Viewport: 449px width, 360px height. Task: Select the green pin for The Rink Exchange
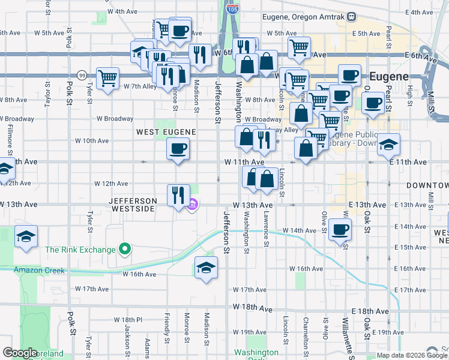click(x=125, y=248)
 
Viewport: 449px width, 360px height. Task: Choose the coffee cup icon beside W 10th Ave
click(x=177, y=149)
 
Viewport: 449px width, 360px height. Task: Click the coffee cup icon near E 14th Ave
click(x=340, y=229)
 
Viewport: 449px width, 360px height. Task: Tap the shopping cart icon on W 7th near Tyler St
click(x=108, y=78)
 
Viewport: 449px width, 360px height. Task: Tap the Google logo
click(x=20, y=353)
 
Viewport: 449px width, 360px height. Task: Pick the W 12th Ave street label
click(x=111, y=184)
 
